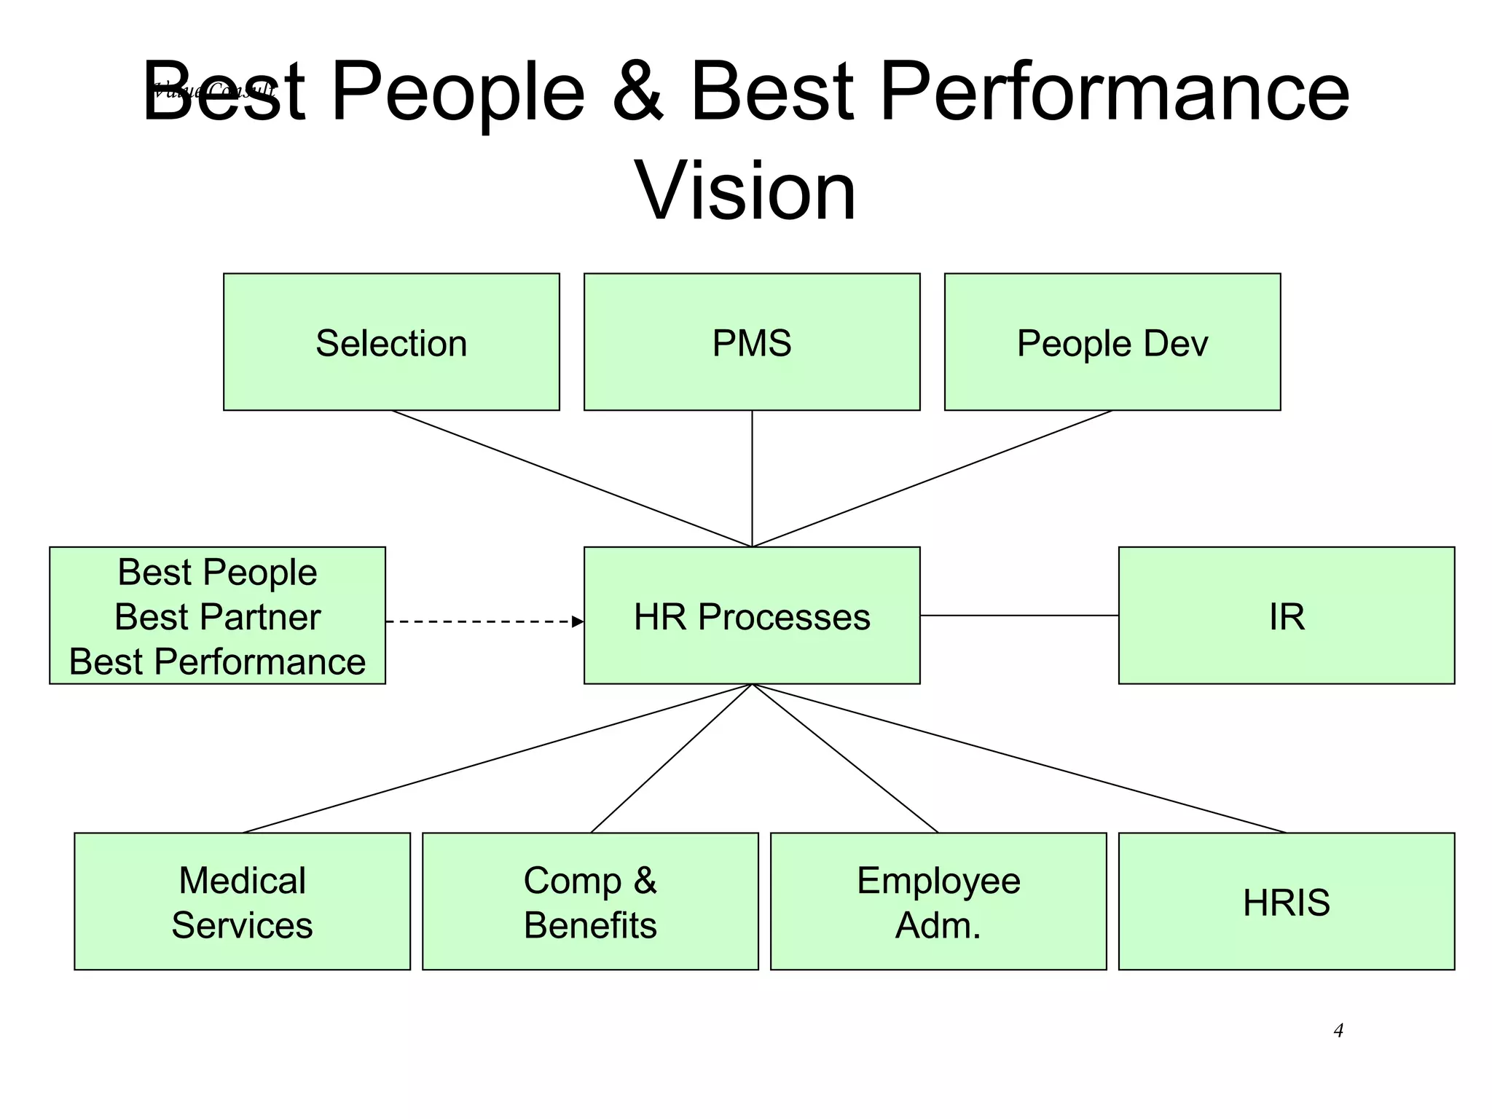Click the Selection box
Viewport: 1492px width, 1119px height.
point(391,342)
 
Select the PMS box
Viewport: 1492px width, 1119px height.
point(752,342)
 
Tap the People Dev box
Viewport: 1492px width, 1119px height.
point(1112,342)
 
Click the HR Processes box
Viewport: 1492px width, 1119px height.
point(752,616)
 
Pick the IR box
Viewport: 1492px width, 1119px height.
point(1287,616)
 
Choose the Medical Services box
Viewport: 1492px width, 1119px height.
point(242,902)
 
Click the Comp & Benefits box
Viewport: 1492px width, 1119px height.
point(590,902)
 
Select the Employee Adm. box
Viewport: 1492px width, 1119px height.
point(938,902)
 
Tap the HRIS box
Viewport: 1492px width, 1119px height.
point(1287,902)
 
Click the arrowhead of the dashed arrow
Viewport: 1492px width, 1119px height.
point(578,621)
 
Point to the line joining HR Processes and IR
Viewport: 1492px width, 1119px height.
point(1020,616)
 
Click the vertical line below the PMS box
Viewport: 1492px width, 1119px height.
point(752,479)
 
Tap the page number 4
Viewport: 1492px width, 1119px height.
point(1338,1030)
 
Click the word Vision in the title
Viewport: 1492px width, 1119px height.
point(745,191)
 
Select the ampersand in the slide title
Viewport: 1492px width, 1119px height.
point(637,91)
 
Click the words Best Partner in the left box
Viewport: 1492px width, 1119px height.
point(217,617)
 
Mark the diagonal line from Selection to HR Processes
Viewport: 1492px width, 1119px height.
point(572,479)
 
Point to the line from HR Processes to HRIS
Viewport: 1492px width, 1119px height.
point(1020,758)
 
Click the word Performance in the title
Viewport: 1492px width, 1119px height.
point(1115,91)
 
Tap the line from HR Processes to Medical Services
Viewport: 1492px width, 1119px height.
point(497,758)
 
